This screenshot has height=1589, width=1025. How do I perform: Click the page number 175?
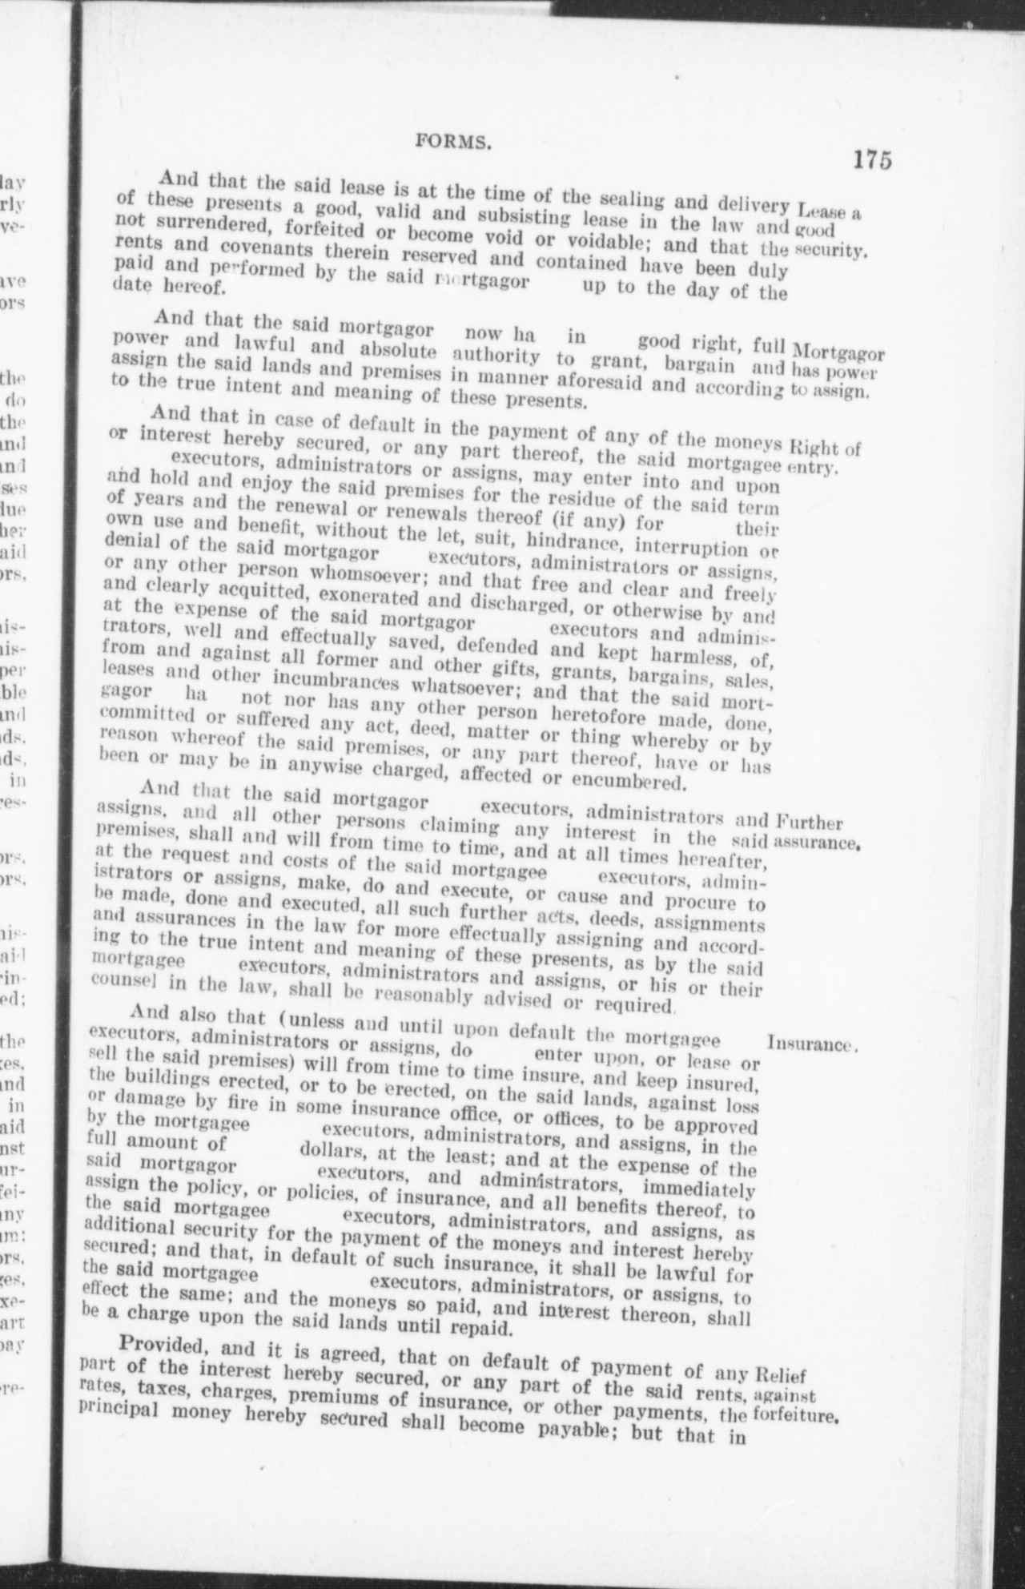click(x=871, y=159)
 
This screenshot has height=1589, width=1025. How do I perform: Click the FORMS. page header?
click(x=452, y=143)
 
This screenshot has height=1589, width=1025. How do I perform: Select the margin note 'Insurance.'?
click(x=814, y=1044)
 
